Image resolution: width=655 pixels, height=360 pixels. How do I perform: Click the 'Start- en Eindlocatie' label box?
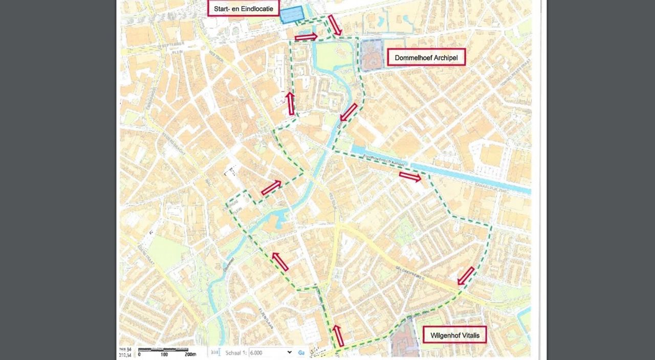(243, 8)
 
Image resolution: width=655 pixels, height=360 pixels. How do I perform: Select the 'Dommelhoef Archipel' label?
(426, 58)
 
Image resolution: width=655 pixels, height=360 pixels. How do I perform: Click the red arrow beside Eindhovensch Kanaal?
(410, 177)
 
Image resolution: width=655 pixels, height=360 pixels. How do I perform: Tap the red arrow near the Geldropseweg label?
(466, 276)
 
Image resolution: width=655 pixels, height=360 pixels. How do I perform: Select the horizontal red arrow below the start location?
(306, 37)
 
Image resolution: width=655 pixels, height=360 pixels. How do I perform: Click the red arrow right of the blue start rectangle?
(335, 25)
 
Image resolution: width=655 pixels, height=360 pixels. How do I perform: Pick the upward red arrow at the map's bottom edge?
(338, 335)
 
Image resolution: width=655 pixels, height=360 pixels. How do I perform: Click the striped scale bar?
(163, 349)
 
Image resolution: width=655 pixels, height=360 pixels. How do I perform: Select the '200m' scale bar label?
(190, 354)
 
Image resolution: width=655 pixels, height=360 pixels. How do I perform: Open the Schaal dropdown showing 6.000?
(271, 352)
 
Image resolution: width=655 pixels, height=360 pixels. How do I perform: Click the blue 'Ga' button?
(301, 352)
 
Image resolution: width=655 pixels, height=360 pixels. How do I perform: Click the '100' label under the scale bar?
(164, 354)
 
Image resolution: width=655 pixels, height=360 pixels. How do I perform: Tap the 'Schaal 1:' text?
(236, 352)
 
